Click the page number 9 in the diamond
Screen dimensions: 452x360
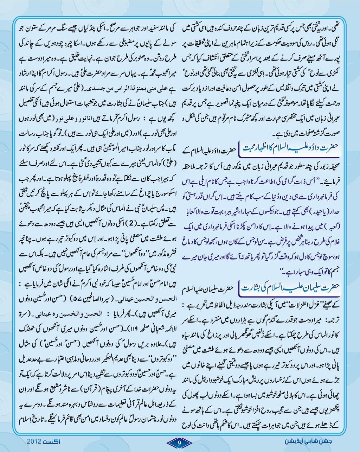[180, 442]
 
